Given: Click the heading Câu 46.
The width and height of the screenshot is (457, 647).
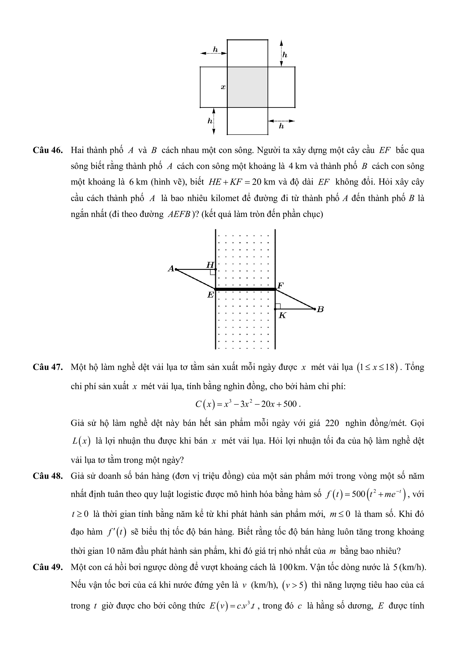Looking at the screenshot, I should tap(48, 150).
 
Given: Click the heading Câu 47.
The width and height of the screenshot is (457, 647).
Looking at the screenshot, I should tap(48, 367).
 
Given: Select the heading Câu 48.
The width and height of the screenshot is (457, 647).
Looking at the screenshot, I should tap(48, 476).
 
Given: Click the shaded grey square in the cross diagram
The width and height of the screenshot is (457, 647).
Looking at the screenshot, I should tap(247, 87).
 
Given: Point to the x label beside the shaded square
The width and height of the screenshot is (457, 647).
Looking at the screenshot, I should tap(223, 87).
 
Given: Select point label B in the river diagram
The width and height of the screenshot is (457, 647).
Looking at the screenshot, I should tap(320, 309).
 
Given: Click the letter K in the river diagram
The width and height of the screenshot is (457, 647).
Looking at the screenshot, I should tap(282, 316).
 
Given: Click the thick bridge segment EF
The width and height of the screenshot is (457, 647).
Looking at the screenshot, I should tap(245, 289).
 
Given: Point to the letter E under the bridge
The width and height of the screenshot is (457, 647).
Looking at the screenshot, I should tap(210, 295).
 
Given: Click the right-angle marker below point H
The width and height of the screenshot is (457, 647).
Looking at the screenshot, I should tap(213, 272).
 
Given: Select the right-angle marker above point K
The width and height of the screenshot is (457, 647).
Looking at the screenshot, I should tap(278, 306).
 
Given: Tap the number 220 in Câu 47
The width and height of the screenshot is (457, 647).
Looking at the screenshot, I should tap(332, 423).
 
